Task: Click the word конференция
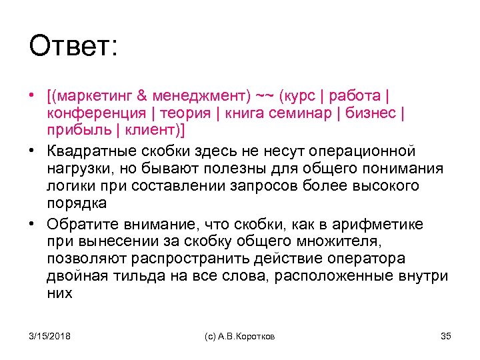pos(97,113)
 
